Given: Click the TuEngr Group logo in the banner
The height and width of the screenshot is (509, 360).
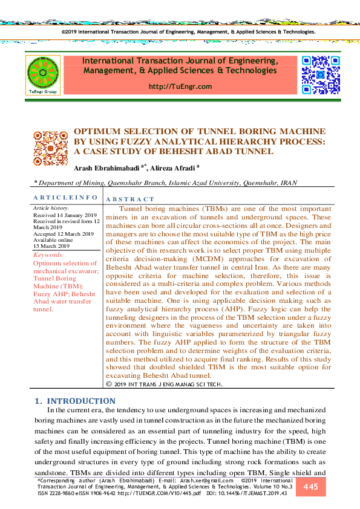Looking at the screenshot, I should coord(42,76).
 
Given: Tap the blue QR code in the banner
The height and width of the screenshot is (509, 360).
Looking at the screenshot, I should coord(320,74).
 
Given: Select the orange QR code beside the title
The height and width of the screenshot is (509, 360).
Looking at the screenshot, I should coord(50,149).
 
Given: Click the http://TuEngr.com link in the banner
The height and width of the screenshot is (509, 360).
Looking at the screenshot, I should coord(180,86).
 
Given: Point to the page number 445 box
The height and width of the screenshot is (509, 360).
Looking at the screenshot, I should coord(310,487).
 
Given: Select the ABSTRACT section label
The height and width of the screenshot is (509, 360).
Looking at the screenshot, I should coord(130,199).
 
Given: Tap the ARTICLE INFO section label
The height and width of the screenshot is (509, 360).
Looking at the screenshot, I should coord(65,198).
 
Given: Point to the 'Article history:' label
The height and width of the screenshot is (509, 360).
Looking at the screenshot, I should coord(51,208).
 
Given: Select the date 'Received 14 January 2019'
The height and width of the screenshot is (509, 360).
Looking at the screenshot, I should coord(65,215).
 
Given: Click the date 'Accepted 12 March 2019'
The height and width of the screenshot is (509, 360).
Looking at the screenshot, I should coord(63,234).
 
